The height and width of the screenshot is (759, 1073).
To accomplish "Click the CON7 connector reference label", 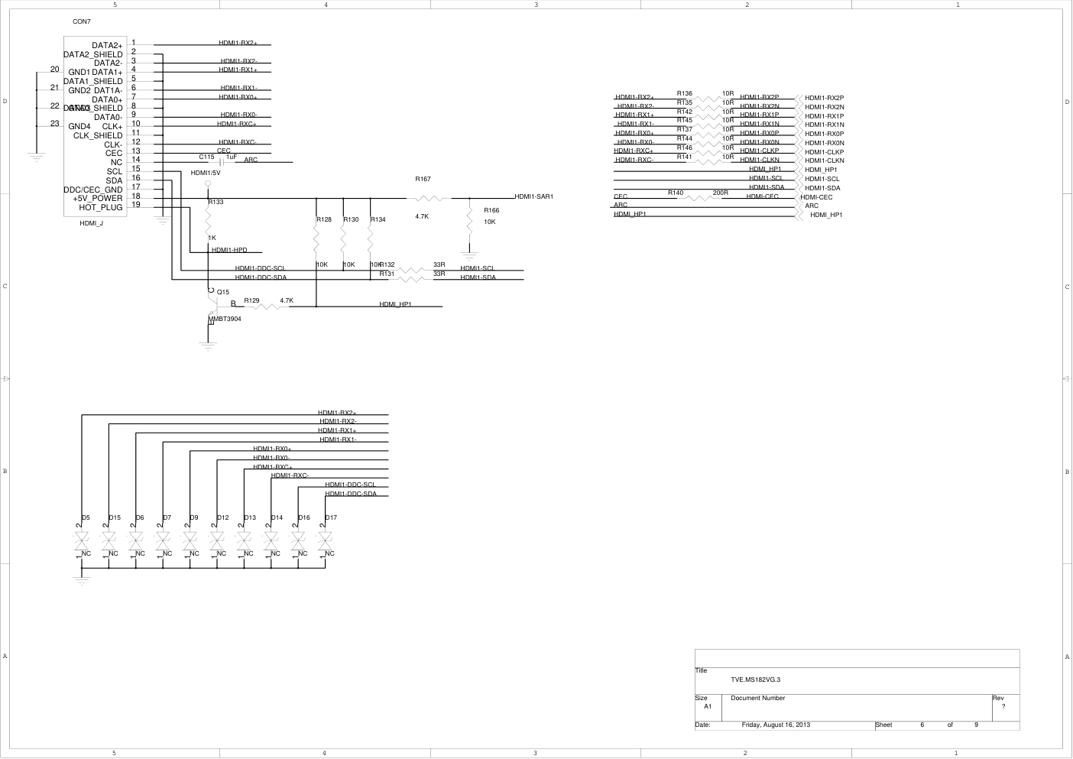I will tap(82, 21).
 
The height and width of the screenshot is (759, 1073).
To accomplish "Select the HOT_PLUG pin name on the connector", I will tap(100, 207).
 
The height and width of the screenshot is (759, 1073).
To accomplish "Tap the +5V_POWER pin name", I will tap(98, 198).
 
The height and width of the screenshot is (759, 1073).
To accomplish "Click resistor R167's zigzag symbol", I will tap(432, 198).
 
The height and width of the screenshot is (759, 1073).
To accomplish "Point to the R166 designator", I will tap(491, 210).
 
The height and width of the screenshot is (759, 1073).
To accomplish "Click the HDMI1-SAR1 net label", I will tap(533, 196).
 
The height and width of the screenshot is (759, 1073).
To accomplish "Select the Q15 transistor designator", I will tap(223, 292).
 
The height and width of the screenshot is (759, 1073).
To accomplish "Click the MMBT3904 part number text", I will tap(225, 319).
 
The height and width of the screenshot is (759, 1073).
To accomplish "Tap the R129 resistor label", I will tap(251, 300).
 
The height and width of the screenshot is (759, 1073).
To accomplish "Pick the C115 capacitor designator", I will tap(206, 157).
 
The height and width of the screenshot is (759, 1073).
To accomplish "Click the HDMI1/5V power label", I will tap(206, 173).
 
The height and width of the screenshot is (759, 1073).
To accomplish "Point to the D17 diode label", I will tap(331, 517).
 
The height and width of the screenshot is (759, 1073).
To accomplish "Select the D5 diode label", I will tap(86, 517).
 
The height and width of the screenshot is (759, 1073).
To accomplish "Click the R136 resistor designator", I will tap(685, 93).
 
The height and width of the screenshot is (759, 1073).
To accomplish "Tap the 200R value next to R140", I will tap(720, 193).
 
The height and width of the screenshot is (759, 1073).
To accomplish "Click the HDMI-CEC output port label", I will tap(816, 197).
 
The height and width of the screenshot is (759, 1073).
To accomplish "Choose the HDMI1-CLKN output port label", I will tap(825, 161).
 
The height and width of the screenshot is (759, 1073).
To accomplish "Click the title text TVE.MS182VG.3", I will tap(755, 679).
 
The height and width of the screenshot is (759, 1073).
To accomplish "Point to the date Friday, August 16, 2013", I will tap(776, 725).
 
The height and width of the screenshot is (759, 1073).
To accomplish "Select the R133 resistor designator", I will tap(216, 202).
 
